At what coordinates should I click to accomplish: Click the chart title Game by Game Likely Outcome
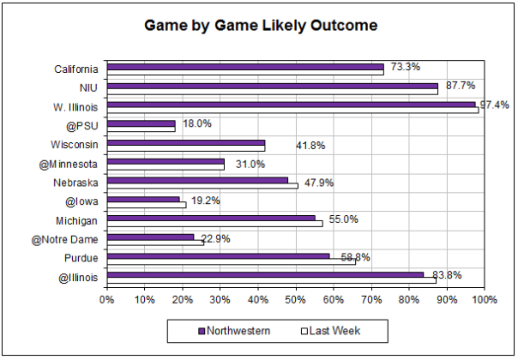[x=259, y=27]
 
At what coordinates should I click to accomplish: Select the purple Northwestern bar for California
[x=245, y=66]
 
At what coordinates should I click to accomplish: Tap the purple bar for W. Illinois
[x=291, y=105]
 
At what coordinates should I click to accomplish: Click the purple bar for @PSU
[x=141, y=123]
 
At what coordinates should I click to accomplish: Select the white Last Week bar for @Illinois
[x=271, y=280]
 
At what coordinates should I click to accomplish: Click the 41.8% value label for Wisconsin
[x=310, y=145]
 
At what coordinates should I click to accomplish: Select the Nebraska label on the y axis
[x=75, y=183]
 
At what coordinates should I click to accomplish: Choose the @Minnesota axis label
[x=68, y=163]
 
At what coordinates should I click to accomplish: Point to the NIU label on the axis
[x=87, y=87]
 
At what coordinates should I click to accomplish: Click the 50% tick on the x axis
[x=295, y=299]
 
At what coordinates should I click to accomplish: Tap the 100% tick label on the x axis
[x=484, y=299]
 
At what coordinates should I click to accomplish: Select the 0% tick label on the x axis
[x=106, y=299]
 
